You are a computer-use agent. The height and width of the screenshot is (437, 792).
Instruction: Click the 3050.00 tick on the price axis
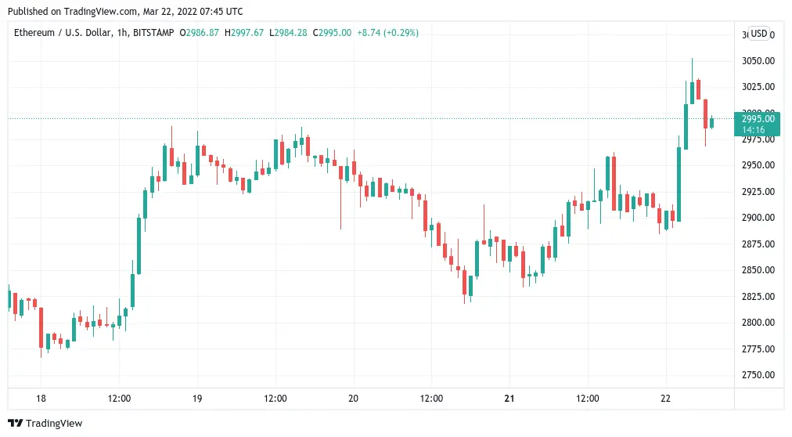click(758, 60)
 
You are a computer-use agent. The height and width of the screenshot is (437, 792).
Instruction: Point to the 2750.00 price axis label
click(758, 374)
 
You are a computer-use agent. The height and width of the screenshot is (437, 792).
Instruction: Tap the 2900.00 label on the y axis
click(758, 217)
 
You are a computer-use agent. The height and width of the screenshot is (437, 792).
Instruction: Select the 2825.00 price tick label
click(758, 296)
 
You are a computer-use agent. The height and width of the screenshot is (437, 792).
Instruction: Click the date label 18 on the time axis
click(41, 398)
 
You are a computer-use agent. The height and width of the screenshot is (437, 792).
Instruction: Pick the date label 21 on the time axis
click(509, 398)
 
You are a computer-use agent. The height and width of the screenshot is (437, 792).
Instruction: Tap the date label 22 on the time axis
click(666, 398)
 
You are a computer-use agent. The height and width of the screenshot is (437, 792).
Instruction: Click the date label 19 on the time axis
click(197, 398)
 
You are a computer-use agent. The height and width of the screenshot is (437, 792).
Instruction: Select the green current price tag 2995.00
click(758, 118)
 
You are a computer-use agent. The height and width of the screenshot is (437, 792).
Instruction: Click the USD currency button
click(758, 34)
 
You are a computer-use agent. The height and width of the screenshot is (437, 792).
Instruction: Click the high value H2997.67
click(244, 33)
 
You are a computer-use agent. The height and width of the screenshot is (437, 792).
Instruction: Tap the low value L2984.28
click(288, 33)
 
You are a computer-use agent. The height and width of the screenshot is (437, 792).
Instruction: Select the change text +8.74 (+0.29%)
click(387, 33)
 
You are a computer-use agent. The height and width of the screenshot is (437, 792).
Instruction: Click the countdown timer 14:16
click(758, 129)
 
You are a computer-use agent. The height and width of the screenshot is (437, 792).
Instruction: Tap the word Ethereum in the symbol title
click(34, 33)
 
